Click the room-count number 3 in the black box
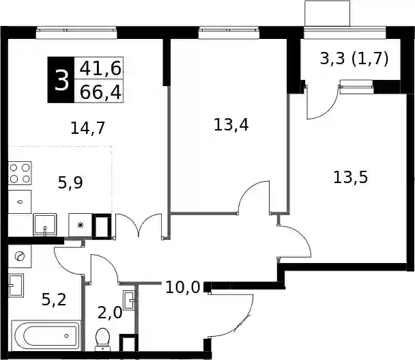click(x=61, y=80)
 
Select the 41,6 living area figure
click(x=100, y=68)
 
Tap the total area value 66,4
click(x=100, y=92)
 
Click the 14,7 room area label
click(x=88, y=128)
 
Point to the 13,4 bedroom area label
click(x=231, y=124)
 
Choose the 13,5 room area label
click(x=350, y=177)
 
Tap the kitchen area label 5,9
click(x=70, y=182)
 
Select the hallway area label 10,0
click(x=183, y=288)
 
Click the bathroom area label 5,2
click(x=54, y=300)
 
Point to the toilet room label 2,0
click(x=110, y=313)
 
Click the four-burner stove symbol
click(x=20, y=174)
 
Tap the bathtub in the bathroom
click(x=46, y=336)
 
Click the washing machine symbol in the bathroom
click(x=20, y=256)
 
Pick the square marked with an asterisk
click(x=81, y=225)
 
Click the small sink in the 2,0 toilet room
click(x=130, y=300)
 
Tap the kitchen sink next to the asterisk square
click(x=45, y=225)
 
